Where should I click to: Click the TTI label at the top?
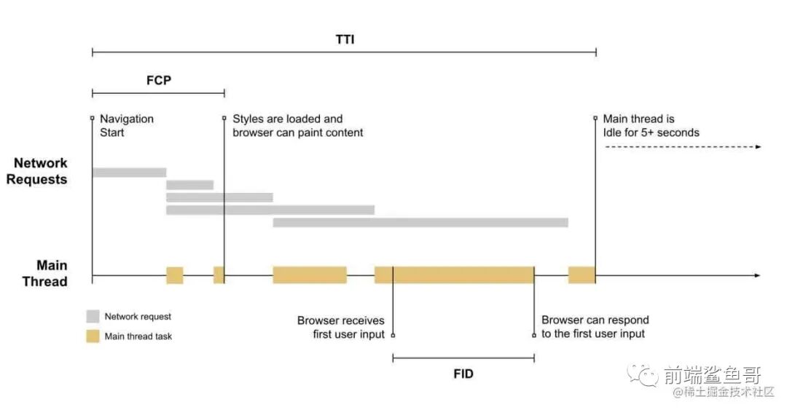[x=344, y=39]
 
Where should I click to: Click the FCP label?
[x=158, y=80]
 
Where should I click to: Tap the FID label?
[x=463, y=374]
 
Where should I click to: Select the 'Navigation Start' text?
[x=127, y=125]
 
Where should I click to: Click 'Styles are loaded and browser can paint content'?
[x=297, y=125]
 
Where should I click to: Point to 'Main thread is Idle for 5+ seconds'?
[x=651, y=125]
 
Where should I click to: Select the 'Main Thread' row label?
[x=44, y=274]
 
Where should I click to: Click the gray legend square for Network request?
[x=93, y=317]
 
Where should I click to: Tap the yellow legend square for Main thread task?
[x=93, y=336]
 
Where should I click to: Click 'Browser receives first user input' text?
[x=340, y=327]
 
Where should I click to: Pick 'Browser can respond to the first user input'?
[x=595, y=327]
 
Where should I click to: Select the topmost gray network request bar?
[x=129, y=173]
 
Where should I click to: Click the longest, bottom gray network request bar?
[x=420, y=222]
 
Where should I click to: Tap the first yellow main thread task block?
[x=175, y=275]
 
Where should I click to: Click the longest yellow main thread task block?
[x=454, y=275]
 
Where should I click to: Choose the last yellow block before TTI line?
[x=582, y=275]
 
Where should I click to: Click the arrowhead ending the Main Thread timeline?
[x=757, y=275]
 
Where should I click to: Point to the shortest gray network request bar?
[x=189, y=185]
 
